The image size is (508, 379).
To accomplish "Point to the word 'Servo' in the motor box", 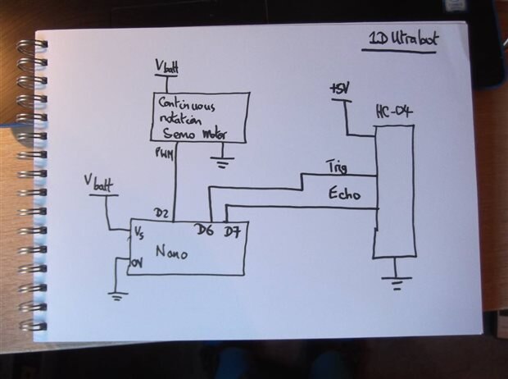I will (x=179, y=134).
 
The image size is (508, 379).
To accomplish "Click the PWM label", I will (x=164, y=153).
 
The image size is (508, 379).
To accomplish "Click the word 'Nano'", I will (x=172, y=253).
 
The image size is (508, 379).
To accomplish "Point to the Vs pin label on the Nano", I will (x=140, y=235).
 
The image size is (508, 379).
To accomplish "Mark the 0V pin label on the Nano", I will (x=137, y=263).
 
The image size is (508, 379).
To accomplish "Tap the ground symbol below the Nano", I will (x=119, y=295).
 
